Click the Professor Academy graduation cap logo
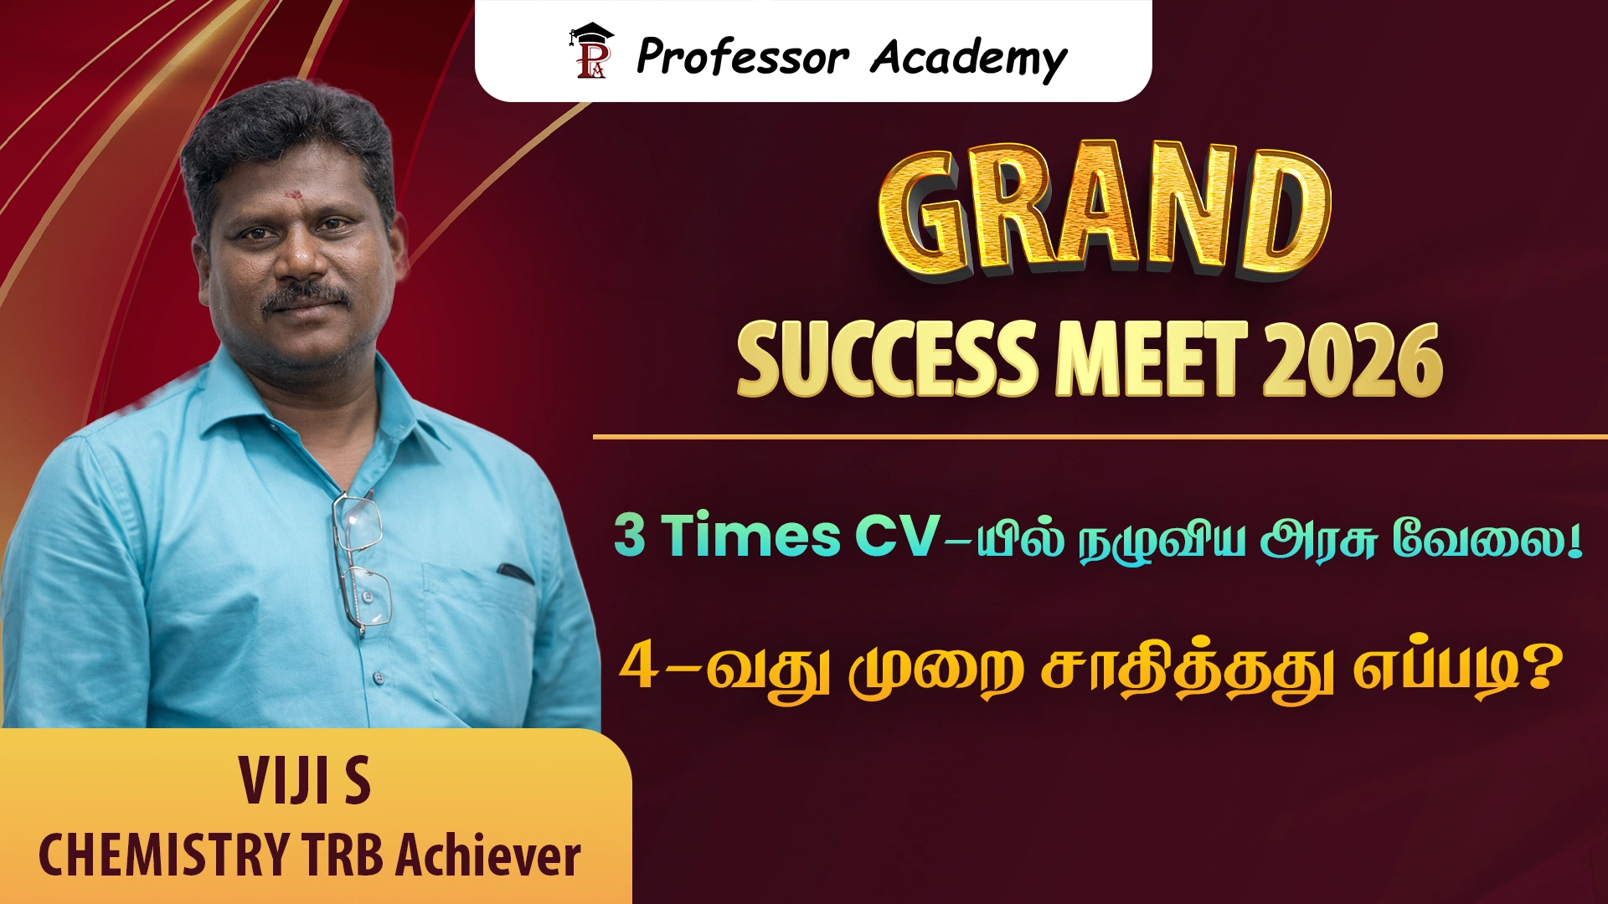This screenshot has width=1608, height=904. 591,51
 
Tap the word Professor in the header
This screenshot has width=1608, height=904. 743,57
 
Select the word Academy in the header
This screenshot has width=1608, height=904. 969,59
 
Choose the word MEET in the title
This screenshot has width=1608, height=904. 1152,360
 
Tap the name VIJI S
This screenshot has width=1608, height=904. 305,781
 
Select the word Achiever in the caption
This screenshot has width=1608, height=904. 488,855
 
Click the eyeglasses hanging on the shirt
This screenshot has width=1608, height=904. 362,562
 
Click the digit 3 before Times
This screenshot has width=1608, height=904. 630,535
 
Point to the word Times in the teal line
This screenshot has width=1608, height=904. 751,535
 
